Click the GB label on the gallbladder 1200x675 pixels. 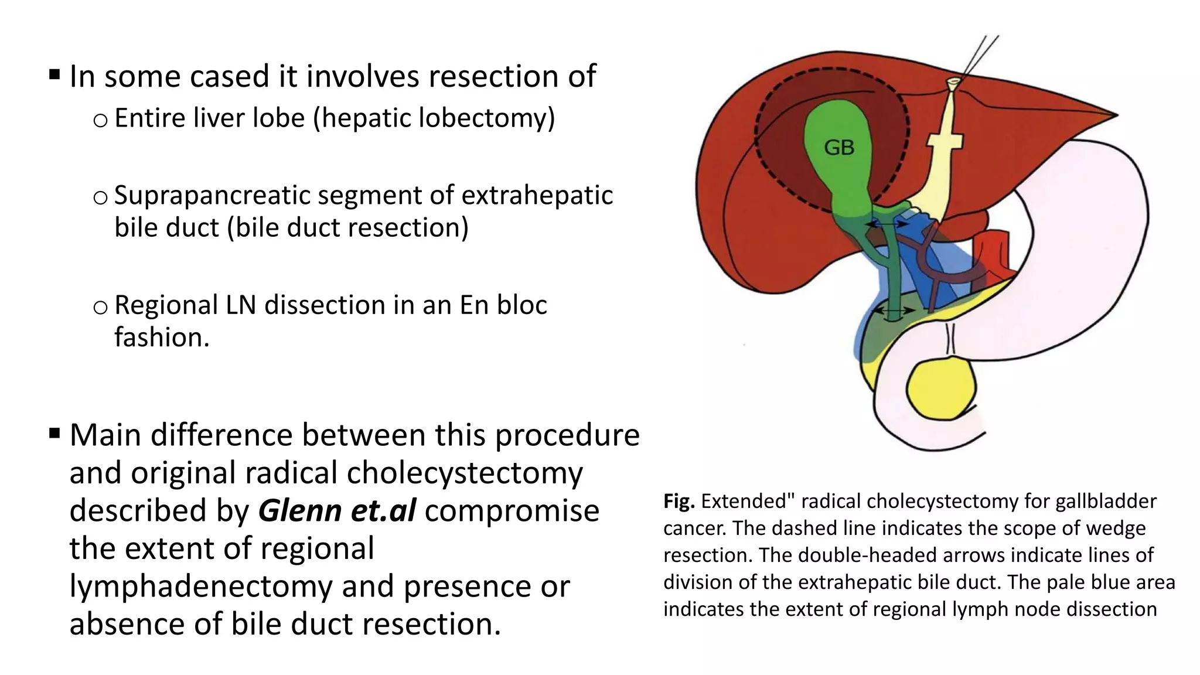coord(839,148)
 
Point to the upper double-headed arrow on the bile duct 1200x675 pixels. coord(888,224)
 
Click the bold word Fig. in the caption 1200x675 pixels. coord(679,502)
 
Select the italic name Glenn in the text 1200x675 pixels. coord(299,510)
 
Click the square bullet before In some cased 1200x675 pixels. coord(54,75)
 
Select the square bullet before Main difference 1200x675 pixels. coord(54,434)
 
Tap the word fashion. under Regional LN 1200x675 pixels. coord(162,337)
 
